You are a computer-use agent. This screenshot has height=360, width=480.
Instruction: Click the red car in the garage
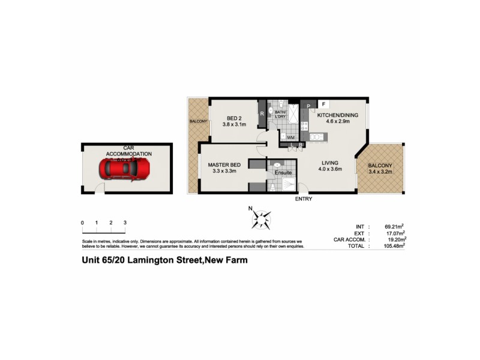coord(127,170)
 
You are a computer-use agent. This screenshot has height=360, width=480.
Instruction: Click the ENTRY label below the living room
coord(304,199)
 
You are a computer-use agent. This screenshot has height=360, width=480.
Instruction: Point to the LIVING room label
coord(329,163)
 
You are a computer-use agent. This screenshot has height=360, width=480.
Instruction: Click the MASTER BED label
coord(224,164)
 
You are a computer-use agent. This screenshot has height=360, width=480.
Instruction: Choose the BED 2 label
coord(234,118)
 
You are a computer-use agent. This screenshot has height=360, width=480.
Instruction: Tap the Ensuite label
coord(283,173)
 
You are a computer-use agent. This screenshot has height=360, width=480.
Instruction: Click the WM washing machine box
coord(290,137)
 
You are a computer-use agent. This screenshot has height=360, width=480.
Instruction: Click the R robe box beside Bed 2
coord(262,113)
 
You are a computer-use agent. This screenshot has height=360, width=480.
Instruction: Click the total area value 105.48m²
coord(393,245)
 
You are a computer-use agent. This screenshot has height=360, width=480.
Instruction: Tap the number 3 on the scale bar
coord(125,223)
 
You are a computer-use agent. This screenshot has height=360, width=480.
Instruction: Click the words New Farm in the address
coord(227,260)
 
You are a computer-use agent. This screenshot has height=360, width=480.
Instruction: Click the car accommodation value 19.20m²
coord(393,239)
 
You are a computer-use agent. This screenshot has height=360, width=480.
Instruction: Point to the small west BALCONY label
coord(198,121)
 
